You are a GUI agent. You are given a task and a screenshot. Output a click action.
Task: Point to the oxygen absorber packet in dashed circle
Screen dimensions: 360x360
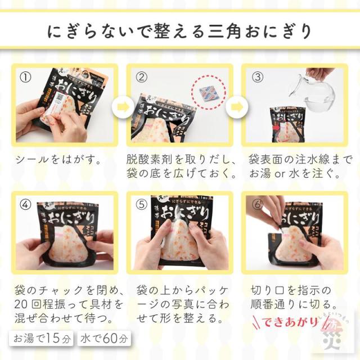click(208, 91)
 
